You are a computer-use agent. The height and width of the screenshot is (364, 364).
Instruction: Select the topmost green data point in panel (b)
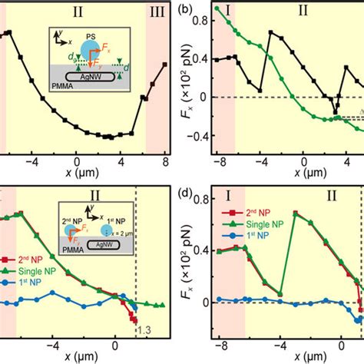coord(217,8)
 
